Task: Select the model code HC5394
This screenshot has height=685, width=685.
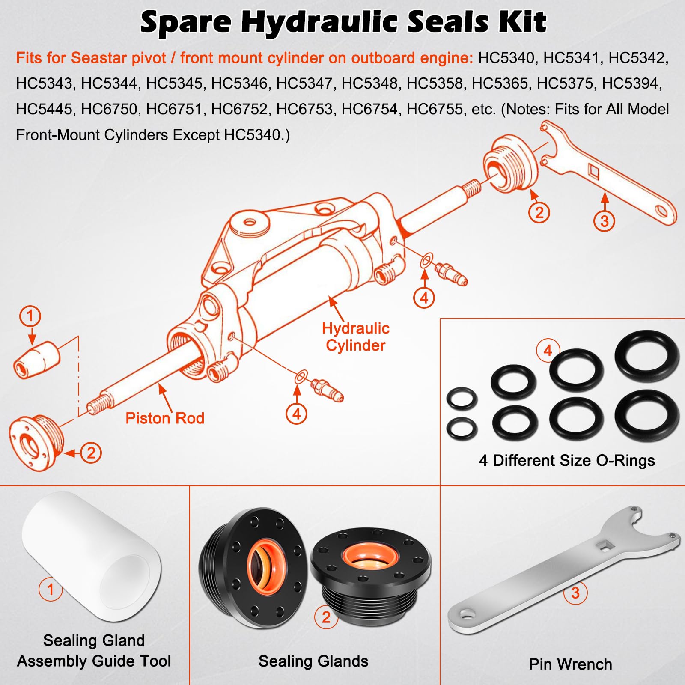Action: pos(631,83)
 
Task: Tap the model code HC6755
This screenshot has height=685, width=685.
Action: pos(434,109)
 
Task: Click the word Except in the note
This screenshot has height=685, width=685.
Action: pos(196,135)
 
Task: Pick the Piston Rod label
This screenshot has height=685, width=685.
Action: pos(165,418)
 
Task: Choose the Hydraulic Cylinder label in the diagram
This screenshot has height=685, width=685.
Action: pos(356,337)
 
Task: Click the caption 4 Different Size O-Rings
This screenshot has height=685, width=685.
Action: pos(567,461)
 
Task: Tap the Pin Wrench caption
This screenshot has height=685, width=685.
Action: pos(570,664)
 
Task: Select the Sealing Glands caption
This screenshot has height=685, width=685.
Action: pos(313,661)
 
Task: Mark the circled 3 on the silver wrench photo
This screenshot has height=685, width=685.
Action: pos(575,593)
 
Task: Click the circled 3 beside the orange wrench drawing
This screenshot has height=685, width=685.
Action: pos(604,221)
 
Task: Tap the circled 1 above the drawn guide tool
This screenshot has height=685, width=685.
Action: pos(30,316)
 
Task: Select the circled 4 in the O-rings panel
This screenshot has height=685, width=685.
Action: pos(548,351)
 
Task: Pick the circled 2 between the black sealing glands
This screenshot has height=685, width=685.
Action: pos(326,617)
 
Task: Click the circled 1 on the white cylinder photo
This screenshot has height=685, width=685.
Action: pos(51,590)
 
